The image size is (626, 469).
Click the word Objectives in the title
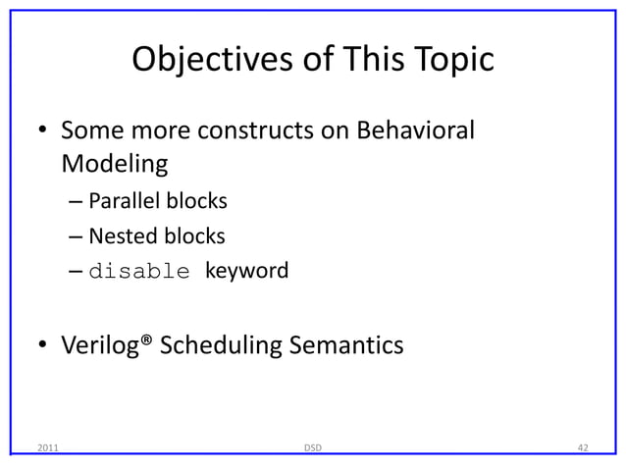(x=199, y=62)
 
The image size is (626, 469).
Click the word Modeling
(x=114, y=163)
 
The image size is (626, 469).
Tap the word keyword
(x=246, y=270)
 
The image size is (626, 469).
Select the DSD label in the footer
(x=312, y=448)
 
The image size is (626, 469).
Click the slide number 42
(x=582, y=448)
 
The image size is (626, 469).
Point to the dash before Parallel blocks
(x=77, y=203)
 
